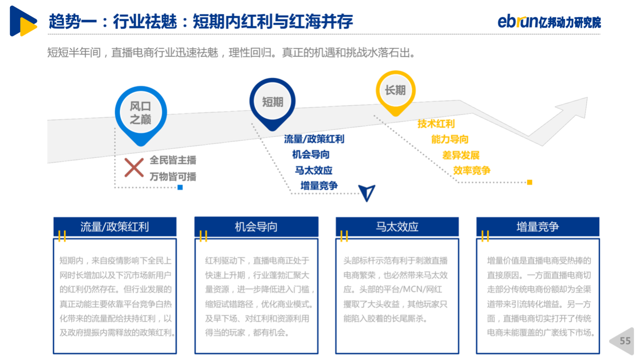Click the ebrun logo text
click(x=517, y=21)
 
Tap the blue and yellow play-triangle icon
click(x=23, y=21)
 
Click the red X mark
click(x=134, y=167)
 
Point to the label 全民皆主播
click(x=173, y=160)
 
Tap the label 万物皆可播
click(x=173, y=176)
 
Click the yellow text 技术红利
click(x=436, y=123)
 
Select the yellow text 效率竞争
click(x=471, y=170)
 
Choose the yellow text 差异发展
click(x=461, y=155)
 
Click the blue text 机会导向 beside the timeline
click(x=311, y=154)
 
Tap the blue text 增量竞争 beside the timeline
click(x=319, y=185)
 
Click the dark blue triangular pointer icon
click(x=367, y=192)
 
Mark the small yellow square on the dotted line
click(x=529, y=182)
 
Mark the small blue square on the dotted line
click(x=180, y=187)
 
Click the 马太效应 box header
click(x=397, y=227)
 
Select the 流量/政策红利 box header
click(x=115, y=227)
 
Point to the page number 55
click(x=625, y=341)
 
